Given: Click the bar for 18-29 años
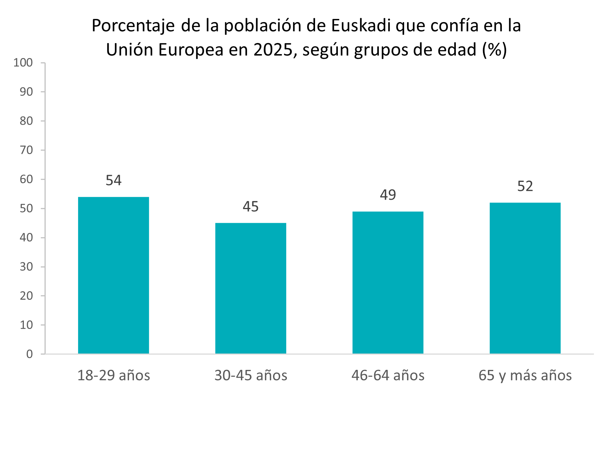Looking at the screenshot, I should pos(113,275).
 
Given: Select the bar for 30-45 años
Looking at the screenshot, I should pos(251,288).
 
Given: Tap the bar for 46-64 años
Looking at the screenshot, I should pos(388,282).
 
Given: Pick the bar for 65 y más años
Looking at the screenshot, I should pos(525,278).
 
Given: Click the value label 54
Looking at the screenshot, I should pos(113,181).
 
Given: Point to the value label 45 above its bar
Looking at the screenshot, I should pos(251,207).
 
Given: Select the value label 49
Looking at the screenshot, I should pos(388,195).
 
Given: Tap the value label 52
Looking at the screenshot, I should pos(525,187).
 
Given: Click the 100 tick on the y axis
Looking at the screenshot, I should pos(23,63).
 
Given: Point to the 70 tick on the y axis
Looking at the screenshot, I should pos(26,150).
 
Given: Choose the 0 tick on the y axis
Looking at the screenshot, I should pos(30,354).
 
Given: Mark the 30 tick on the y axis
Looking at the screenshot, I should pos(26,267).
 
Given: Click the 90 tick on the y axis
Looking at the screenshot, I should pos(26,92).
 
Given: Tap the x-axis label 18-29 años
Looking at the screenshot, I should pos(113,376).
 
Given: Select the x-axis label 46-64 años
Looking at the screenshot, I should pos(388,376).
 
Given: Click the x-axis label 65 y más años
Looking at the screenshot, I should pos(525,376).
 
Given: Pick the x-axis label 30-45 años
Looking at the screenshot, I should pos(251,376).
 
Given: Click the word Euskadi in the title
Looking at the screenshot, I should pos(361,26).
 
